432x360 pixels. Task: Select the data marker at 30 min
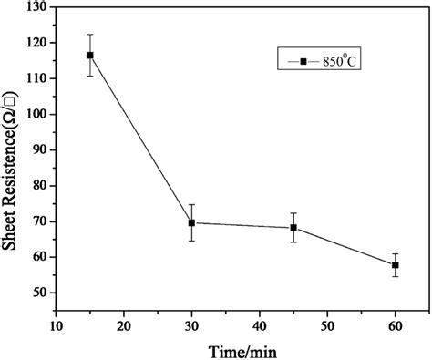click(191, 222)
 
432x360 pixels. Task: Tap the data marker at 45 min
click(293, 228)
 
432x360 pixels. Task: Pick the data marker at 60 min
click(396, 265)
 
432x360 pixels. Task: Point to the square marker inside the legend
click(303, 61)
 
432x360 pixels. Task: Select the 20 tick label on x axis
click(124, 324)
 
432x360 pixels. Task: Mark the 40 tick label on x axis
click(260, 324)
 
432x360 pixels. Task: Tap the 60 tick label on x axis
click(396, 324)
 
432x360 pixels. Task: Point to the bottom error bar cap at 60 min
click(396, 276)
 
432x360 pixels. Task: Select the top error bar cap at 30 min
click(191, 204)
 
